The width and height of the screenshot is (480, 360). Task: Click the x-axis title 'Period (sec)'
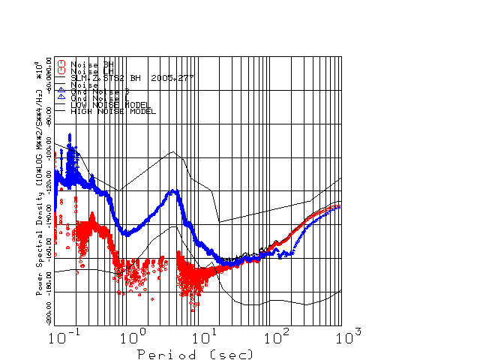[195, 353]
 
